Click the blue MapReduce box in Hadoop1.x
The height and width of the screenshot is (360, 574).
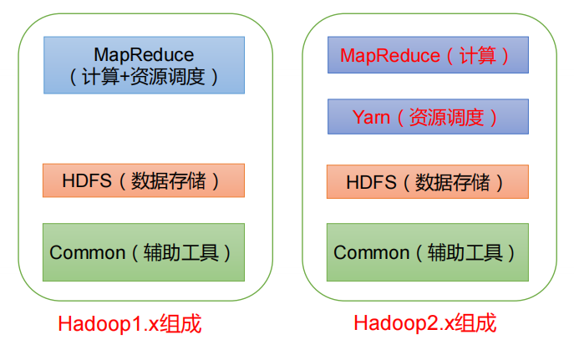coord(144,64)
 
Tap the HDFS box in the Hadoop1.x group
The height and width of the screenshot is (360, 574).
coord(144,180)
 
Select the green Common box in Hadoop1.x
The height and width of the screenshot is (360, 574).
coord(144,251)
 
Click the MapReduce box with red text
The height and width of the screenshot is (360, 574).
coord(428,56)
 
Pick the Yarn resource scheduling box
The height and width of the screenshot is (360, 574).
coord(428,117)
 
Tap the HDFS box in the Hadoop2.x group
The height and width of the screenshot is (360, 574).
coord(428,181)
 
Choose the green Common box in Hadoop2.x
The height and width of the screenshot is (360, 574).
coord(428,251)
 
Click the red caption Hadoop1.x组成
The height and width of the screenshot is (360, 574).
coord(130,323)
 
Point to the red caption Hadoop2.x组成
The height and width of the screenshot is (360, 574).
coord(425,323)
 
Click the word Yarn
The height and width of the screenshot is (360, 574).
coord(371,117)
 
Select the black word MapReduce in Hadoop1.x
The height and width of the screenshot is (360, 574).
coord(144,54)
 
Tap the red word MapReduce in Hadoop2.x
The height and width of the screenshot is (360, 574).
coord(389,56)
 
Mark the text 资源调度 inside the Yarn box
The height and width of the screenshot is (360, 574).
coord(445,117)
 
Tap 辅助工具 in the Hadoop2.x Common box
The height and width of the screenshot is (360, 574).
coord(465,252)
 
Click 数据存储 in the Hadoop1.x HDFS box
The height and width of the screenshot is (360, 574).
coord(165,180)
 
